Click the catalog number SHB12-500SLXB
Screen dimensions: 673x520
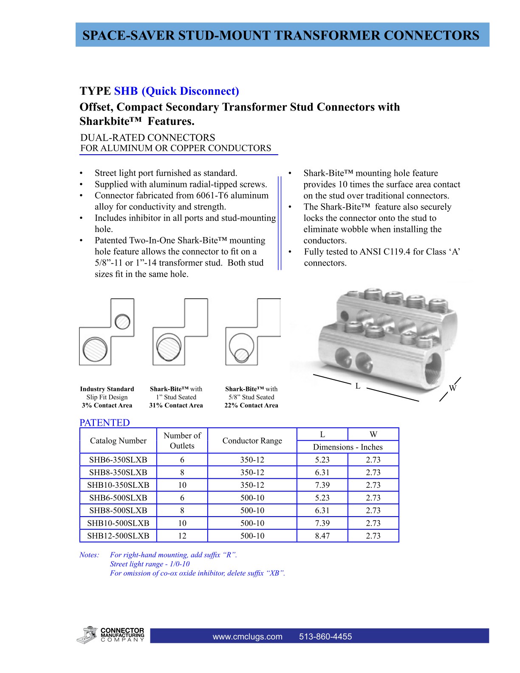point(118,536)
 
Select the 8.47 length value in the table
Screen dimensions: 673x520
point(322,536)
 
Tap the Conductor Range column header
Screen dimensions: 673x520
point(252,441)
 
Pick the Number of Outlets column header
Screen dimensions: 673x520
point(182,441)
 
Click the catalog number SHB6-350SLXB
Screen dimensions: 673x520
point(118,460)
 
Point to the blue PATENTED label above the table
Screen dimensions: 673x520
point(105,423)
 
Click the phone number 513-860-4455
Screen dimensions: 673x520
point(325,636)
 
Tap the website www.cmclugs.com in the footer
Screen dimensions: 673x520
point(247,636)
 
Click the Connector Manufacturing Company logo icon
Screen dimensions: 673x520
point(87,635)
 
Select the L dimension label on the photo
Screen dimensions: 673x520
point(358,386)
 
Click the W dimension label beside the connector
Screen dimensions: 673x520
point(452,388)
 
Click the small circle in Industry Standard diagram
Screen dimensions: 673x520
point(123,321)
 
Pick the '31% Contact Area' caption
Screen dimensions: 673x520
point(176,405)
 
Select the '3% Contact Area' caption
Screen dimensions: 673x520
point(107,405)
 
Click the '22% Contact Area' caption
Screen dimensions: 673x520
point(251,405)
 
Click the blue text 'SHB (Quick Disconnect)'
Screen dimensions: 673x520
point(176,91)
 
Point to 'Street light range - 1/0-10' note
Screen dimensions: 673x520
point(150,564)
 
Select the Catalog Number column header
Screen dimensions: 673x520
point(118,441)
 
